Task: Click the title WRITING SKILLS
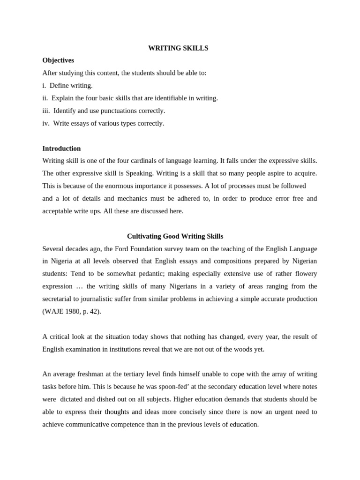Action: coord(178,48)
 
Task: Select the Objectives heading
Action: coord(58,60)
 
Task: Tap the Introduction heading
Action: coord(61,149)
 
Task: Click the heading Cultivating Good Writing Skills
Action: coord(175,236)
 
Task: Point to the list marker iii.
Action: coord(46,111)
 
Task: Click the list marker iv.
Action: coord(46,124)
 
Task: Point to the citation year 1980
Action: coord(72,312)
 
